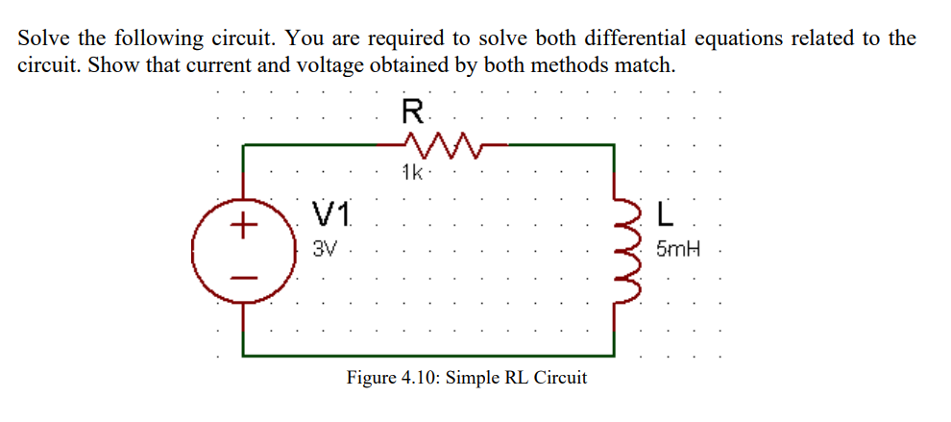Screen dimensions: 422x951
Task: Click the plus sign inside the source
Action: coord(245,227)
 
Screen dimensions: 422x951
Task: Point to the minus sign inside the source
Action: coord(245,278)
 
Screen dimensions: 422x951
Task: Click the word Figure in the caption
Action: coord(372,377)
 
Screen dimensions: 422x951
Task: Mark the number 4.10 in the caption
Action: coord(423,377)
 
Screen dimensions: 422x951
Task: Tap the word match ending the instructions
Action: coord(650,66)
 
